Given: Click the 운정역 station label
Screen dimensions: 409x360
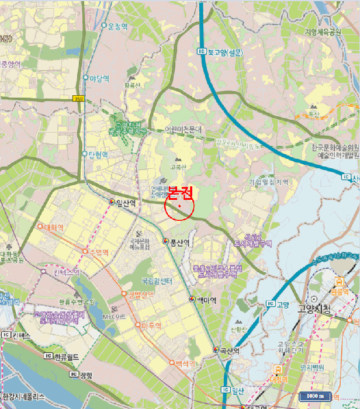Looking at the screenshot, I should (117, 26).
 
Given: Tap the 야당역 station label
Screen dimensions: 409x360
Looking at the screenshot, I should (99, 78).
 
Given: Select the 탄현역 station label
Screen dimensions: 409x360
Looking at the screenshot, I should (98, 155).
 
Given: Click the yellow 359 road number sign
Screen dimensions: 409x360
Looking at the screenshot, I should (78, 99).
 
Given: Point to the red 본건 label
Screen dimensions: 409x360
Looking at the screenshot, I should (181, 192).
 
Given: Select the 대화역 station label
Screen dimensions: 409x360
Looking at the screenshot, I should (53, 227).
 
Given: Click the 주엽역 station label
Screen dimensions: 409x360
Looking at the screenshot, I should (99, 252).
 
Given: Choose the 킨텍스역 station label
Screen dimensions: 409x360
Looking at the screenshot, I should (65, 272).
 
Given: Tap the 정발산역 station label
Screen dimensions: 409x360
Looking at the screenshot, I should (140, 293).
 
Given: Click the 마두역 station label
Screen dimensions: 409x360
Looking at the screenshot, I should (151, 325).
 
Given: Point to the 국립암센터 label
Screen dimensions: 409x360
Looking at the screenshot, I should (158, 282).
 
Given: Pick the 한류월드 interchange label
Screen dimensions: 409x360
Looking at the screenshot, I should (66, 355).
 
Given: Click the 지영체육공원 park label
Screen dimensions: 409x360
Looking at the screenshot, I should (323, 32).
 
